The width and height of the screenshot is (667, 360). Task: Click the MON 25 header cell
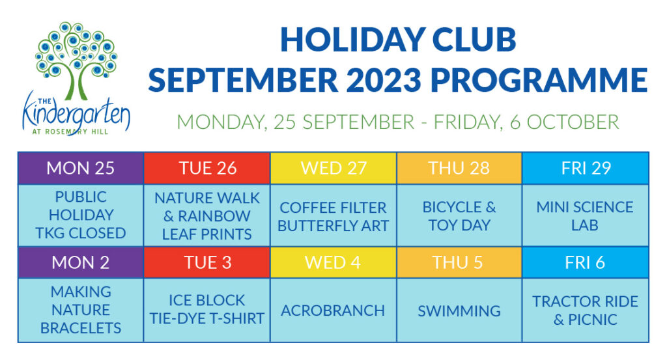(81, 168)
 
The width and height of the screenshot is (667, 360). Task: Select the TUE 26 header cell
(207, 168)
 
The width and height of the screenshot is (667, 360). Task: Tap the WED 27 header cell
(333, 168)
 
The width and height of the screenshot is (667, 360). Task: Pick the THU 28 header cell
(459, 168)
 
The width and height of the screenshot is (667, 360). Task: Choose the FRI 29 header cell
(586, 168)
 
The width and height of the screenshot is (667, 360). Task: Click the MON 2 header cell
(81, 262)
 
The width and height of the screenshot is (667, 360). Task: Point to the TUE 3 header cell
(207, 262)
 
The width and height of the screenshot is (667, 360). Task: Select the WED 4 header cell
(333, 262)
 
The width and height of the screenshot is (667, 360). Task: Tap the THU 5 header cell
(459, 262)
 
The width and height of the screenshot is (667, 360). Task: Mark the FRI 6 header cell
(586, 262)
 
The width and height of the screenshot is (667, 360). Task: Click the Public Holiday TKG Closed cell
(81, 215)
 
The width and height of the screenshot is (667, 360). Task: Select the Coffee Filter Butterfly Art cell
(333, 216)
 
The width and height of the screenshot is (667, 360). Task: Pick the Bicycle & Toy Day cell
(459, 216)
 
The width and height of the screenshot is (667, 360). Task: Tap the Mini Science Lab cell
(586, 216)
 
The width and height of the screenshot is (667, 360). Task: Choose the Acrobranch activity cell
(333, 311)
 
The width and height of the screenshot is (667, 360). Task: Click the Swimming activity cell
(459, 311)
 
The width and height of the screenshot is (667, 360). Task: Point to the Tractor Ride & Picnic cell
(586, 311)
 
